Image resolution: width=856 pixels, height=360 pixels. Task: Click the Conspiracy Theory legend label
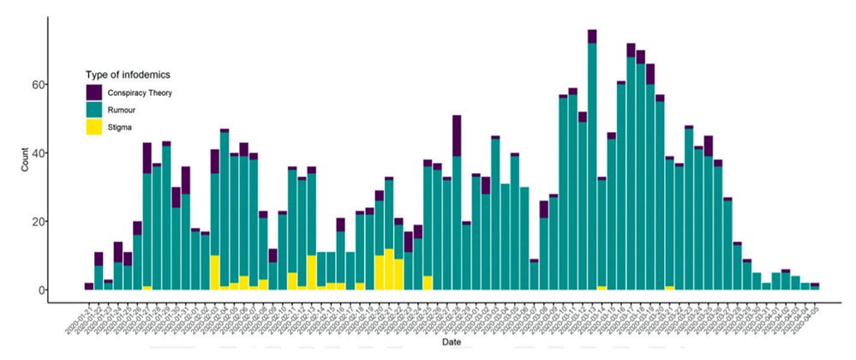click(x=141, y=92)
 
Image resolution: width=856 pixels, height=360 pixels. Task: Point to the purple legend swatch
click(x=95, y=92)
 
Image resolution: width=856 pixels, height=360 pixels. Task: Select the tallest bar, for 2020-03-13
click(x=592, y=163)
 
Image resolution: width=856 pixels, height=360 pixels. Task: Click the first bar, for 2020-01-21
click(x=88, y=286)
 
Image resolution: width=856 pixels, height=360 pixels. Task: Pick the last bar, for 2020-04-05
click(x=815, y=286)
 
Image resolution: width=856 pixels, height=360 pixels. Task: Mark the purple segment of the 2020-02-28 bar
click(x=457, y=135)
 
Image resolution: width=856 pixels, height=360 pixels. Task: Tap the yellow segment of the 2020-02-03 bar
click(x=214, y=273)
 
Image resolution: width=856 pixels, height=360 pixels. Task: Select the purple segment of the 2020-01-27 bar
click(x=147, y=158)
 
